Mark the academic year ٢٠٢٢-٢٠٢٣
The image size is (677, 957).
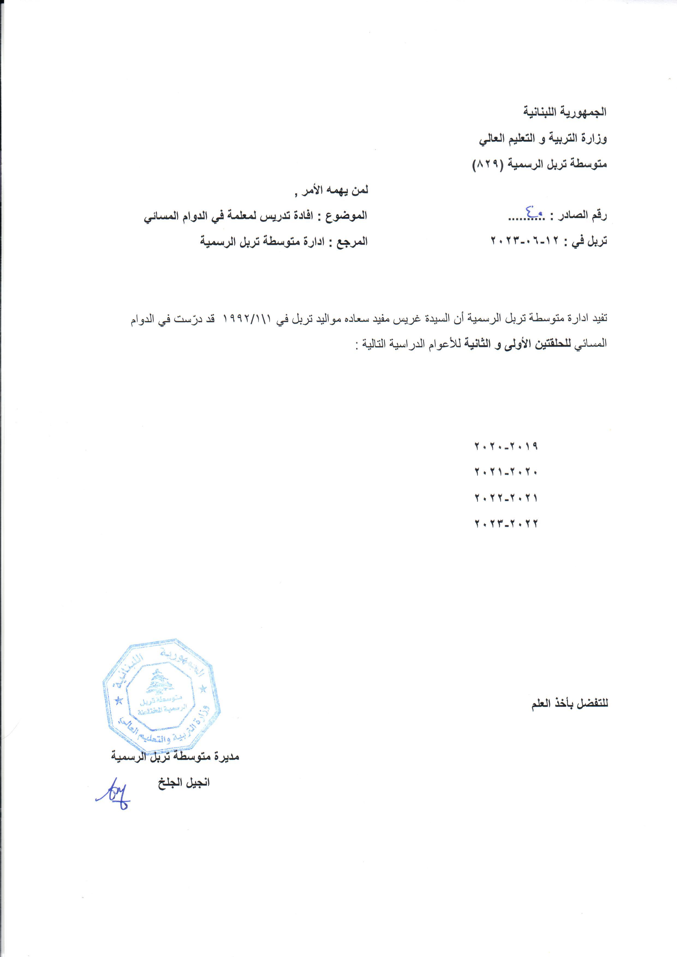click(x=506, y=523)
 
